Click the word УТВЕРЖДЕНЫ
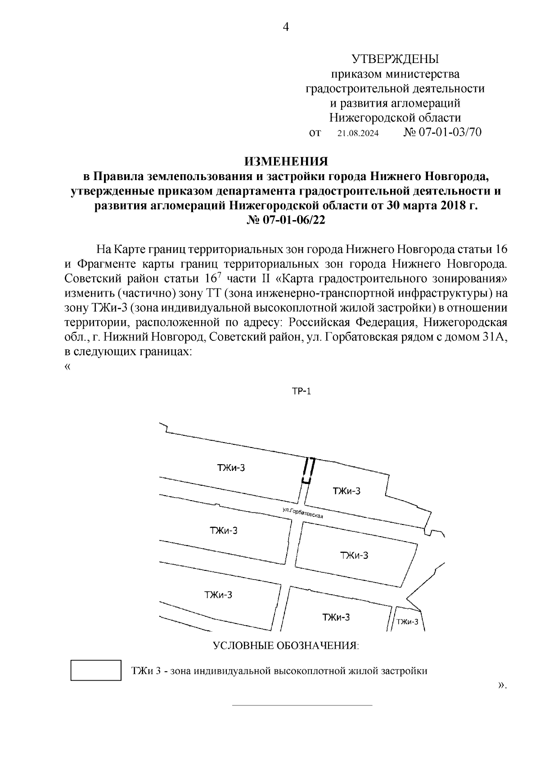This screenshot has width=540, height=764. tap(395, 59)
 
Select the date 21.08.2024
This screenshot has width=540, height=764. tap(358, 134)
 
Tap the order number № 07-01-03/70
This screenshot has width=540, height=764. tap(443, 132)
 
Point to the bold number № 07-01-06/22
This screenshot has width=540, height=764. tap(286, 220)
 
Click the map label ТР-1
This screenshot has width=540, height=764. tap(301, 392)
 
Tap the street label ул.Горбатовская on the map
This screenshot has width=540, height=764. tap(303, 514)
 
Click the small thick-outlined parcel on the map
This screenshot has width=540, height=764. tap(307, 470)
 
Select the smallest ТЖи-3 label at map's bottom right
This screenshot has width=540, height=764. tap(407, 622)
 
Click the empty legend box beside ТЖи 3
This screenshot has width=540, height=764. tap(96, 670)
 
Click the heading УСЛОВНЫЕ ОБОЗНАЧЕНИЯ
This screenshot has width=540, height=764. tap(286, 646)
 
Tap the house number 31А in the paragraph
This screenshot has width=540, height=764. tap(495, 337)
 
